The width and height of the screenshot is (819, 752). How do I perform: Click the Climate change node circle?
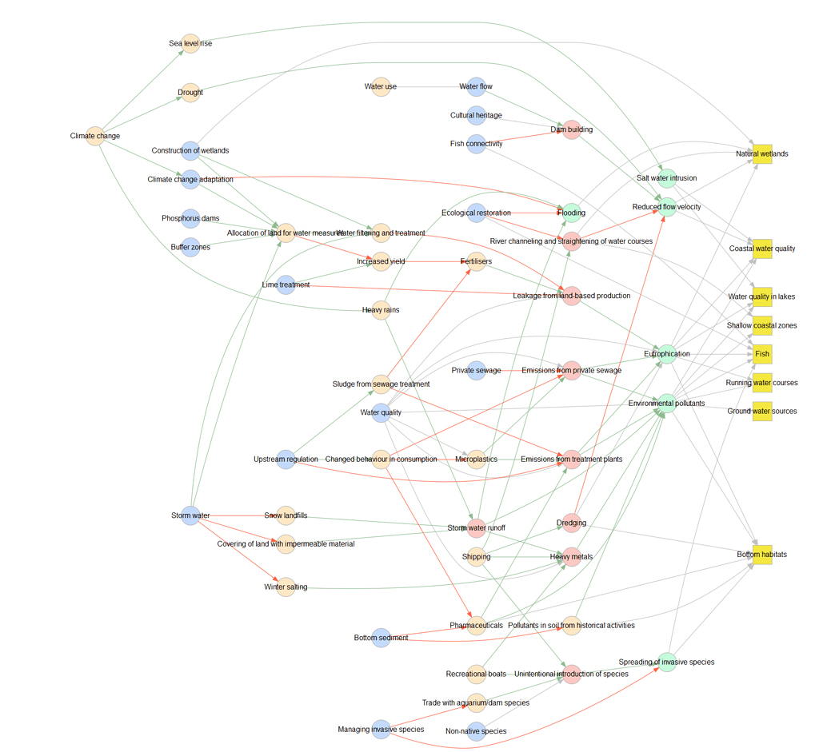pyautogui.click(x=95, y=136)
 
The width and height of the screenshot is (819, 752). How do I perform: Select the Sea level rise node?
pyautogui.click(x=190, y=43)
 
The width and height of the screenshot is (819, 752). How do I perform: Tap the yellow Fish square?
pyautogui.click(x=762, y=353)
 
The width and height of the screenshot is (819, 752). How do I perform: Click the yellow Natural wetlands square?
pyautogui.click(x=762, y=153)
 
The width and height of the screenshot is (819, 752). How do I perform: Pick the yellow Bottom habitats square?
pyautogui.click(x=762, y=555)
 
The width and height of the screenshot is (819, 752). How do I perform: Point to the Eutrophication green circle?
pyautogui.click(x=667, y=353)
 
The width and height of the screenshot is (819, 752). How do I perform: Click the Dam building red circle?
pyautogui.click(x=571, y=129)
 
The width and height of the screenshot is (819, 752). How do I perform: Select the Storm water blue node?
pyautogui.click(x=190, y=515)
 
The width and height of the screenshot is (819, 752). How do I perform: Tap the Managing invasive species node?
pyautogui.click(x=382, y=729)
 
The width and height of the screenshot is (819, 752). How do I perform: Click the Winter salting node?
pyautogui.click(x=286, y=587)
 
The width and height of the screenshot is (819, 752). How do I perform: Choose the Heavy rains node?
pyautogui.click(x=382, y=310)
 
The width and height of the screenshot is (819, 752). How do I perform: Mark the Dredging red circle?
pyautogui.click(x=571, y=523)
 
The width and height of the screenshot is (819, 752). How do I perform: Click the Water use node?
pyautogui.click(x=382, y=86)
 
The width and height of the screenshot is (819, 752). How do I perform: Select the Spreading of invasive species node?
pyautogui.click(x=667, y=662)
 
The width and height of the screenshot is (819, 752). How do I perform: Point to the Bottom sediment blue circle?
pyautogui.click(x=382, y=638)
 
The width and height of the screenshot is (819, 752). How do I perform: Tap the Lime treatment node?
pyautogui.click(x=286, y=284)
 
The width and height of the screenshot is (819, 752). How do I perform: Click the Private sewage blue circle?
pyautogui.click(x=476, y=370)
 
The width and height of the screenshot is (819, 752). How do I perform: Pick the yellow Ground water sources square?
pyautogui.click(x=762, y=411)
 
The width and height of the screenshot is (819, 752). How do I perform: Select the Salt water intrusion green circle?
pyautogui.click(x=667, y=178)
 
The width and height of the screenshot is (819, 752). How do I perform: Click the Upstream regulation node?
pyautogui.click(x=286, y=460)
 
